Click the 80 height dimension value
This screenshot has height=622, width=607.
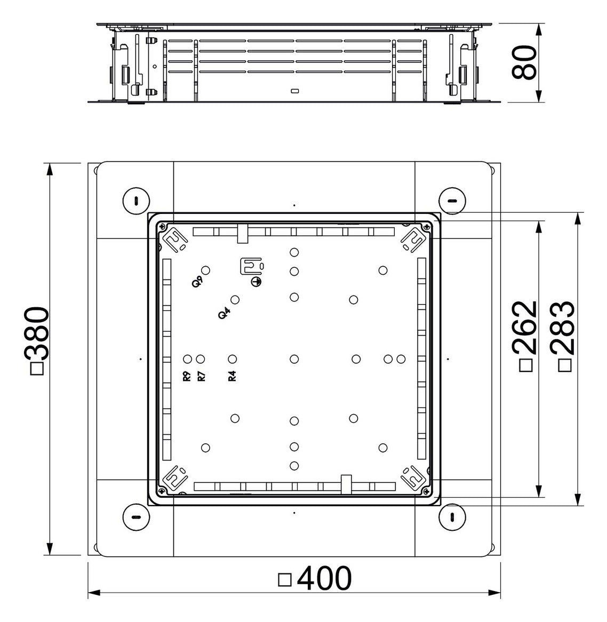click(524, 62)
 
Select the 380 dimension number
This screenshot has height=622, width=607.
click(37, 333)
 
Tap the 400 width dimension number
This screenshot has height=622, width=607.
click(324, 579)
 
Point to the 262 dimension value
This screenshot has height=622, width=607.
click(525, 328)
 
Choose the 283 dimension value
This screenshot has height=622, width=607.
click(563, 328)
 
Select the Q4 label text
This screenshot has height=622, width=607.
click(224, 314)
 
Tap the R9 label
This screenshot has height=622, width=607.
click(187, 376)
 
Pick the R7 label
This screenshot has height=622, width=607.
click(201, 376)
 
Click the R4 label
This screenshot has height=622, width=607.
click(232, 376)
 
